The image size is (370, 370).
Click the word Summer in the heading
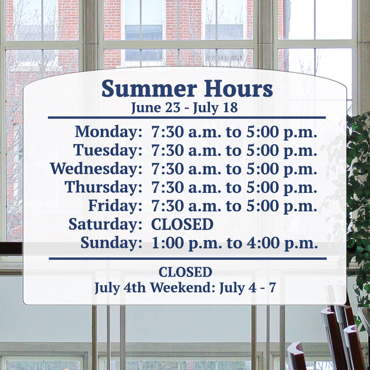tap(149, 89)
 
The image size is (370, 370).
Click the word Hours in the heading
tap(238, 88)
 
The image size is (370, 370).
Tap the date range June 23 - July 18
tap(184, 108)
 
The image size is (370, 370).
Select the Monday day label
tap(109, 132)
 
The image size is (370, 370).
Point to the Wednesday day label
tap(96, 169)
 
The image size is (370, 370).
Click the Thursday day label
tap(104, 187)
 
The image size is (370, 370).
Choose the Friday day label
tap(115, 206)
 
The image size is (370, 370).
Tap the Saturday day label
tap(105, 224)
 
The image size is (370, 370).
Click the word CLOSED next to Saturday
tap(182, 224)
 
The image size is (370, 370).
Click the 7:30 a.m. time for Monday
tap(186, 132)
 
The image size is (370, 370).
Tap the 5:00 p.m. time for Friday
tap(282, 206)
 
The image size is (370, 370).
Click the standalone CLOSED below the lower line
tap(185, 272)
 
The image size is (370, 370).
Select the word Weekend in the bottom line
tap(183, 288)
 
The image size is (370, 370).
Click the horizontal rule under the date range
tap(187, 117)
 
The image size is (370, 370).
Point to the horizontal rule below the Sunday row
tap(188, 259)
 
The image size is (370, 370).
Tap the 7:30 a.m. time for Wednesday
tap(186, 169)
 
